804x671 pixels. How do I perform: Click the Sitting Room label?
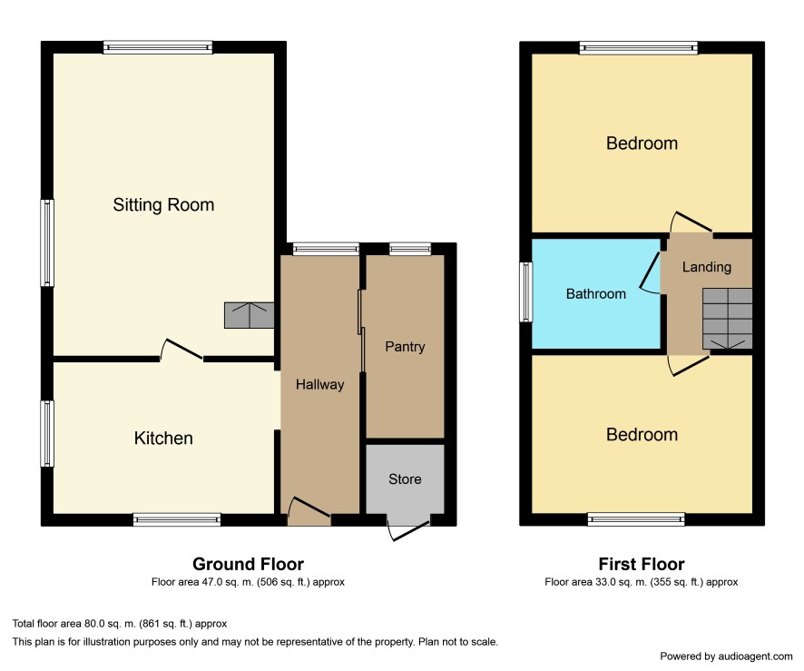163,204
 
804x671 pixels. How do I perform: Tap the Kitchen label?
163,438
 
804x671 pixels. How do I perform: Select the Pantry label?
405,347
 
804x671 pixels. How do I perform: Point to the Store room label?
405,479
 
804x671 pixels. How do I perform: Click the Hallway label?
320,385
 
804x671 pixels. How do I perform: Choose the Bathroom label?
596,294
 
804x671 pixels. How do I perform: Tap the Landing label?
707,267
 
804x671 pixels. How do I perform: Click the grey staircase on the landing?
727,319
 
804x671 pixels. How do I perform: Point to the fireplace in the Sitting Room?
250,315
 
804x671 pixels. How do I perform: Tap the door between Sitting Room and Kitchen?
182,350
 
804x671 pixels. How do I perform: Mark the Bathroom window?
526,291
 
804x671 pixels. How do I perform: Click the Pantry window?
410,249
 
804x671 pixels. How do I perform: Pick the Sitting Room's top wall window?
158,47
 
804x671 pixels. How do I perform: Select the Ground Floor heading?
248,564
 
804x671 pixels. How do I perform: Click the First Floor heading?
642,564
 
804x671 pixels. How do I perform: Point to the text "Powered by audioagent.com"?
726,656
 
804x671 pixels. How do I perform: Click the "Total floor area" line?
120,624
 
